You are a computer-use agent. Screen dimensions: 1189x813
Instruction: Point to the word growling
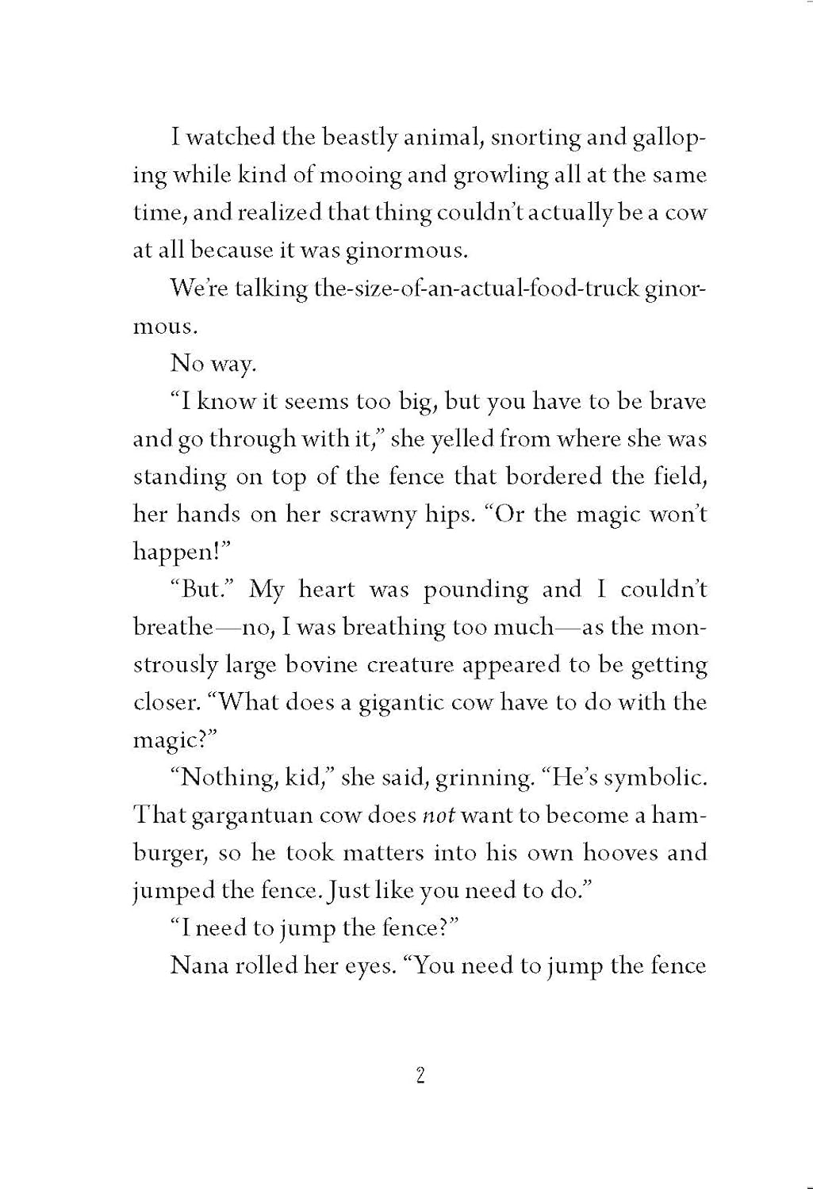tap(500, 175)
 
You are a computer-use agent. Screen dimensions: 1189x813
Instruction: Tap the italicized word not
tap(438, 816)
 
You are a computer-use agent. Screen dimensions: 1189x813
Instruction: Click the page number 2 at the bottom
tap(420, 1076)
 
